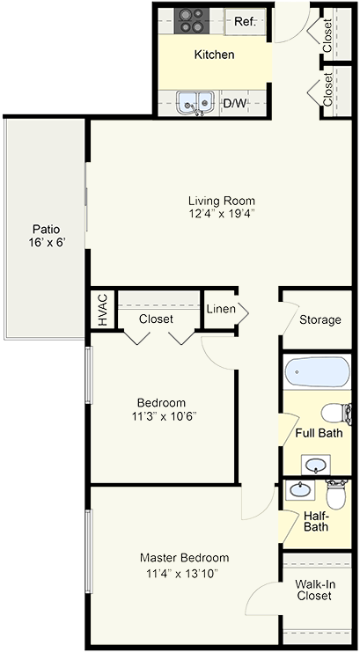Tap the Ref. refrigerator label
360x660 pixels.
click(x=244, y=22)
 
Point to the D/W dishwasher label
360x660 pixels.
click(x=234, y=104)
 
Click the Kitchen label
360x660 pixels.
click(x=215, y=55)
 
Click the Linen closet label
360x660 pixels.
click(x=221, y=309)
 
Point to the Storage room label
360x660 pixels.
click(x=320, y=319)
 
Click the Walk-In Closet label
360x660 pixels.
click(x=314, y=590)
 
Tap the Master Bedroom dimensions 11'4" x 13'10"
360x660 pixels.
click(x=184, y=574)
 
